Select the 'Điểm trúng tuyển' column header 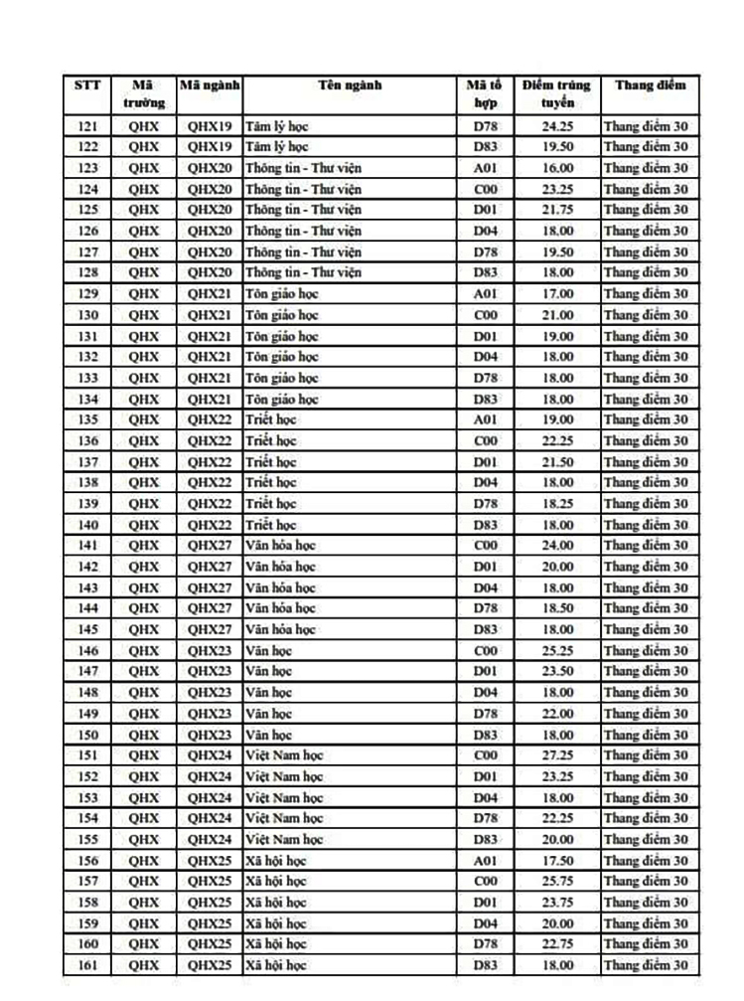click(x=556, y=93)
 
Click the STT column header click(x=87, y=85)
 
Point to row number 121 click(x=87, y=125)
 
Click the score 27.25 click(x=556, y=755)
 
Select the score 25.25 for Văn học click(x=556, y=650)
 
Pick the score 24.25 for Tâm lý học click(x=556, y=125)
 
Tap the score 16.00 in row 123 click(x=556, y=168)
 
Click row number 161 click(x=87, y=965)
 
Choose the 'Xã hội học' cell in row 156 click(x=276, y=861)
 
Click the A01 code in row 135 click(x=485, y=419)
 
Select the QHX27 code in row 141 click(x=210, y=545)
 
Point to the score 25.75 click(x=556, y=882)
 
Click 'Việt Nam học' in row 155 click(x=284, y=839)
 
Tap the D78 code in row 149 click(x=485, y=714)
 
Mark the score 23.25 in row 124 click(x=556, y=189)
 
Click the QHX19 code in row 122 click(x=210, y=146)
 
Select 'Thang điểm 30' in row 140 click(x=646, y=525)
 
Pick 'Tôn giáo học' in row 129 click(x=282, y=293)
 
